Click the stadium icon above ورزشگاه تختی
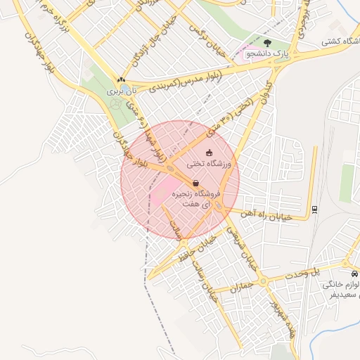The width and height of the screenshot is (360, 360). coord(208,153)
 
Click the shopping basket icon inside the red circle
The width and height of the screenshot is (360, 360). coord(195,183)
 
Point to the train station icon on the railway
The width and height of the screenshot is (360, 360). coord(314,208)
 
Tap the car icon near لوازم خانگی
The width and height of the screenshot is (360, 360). coord(354,273)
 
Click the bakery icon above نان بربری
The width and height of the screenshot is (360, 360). coord(122,79)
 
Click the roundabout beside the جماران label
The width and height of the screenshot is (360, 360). coord(264,282)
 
